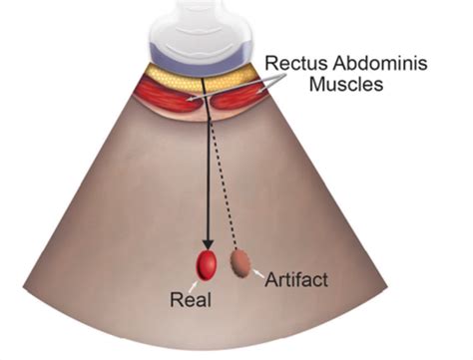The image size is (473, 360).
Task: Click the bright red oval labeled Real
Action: pyautogui.click(x=207, y=265)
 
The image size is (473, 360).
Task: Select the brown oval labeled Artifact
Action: pyautogui.click(x=240, y=262)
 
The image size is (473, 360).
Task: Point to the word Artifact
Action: pyautogui.click(x=295, y=281)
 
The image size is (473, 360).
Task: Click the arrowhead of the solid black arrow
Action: pyautogui.click(x=207, y=245)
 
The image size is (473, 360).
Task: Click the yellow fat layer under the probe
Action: pyautogui.click(x=205, y=73)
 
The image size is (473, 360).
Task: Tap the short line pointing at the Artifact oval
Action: pyautogui.click(x=259, y=272)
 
